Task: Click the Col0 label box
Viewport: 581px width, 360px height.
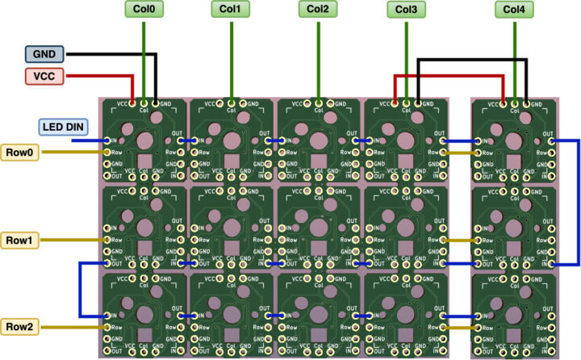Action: click(x=144, y=10)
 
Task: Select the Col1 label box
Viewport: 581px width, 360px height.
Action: click(x=231, y=10)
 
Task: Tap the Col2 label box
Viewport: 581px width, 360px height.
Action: click(x=318, y=10)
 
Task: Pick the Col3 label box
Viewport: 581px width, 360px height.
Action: click(x=406, y=10)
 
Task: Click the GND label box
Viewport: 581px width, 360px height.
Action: click(x=44, y=54)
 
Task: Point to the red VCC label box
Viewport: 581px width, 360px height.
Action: click(x=44, y=76)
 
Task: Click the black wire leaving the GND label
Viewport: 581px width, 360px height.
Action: click(x=113, y=54)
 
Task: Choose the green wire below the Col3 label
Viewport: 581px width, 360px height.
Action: click(x=406, y=48)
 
